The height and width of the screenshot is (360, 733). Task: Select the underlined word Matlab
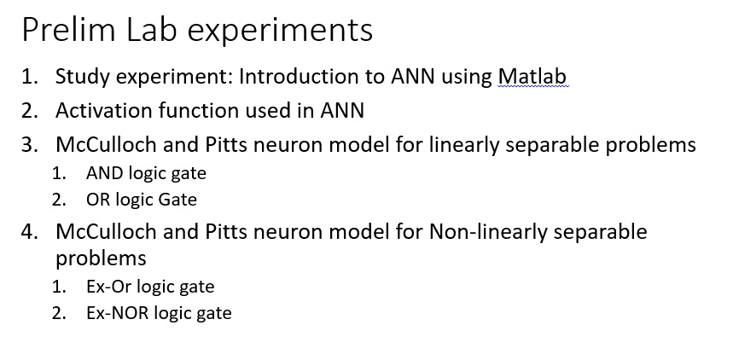point(532,77)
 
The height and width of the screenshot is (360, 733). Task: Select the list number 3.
point(30,145)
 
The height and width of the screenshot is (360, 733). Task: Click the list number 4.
point(30,232)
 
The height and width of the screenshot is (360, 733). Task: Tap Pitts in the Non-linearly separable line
point(226,232)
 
